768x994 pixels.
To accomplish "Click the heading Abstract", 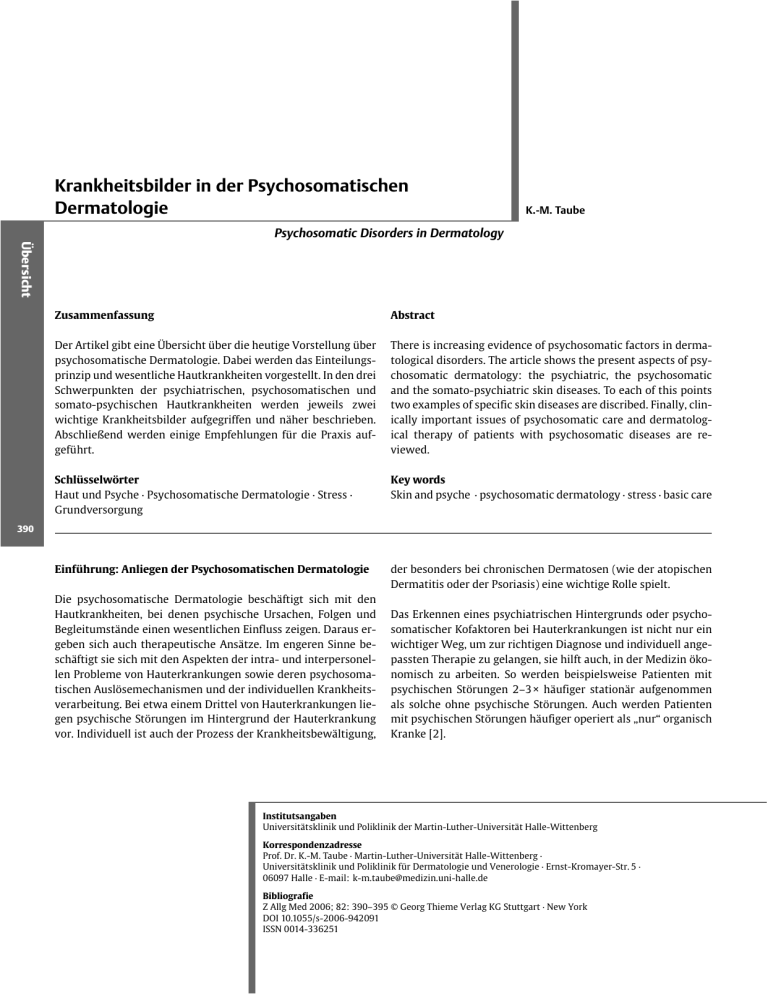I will pyautogui.click(x=412, y=315).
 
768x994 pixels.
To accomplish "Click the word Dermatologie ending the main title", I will pyautogui.click(x=111, y=208).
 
